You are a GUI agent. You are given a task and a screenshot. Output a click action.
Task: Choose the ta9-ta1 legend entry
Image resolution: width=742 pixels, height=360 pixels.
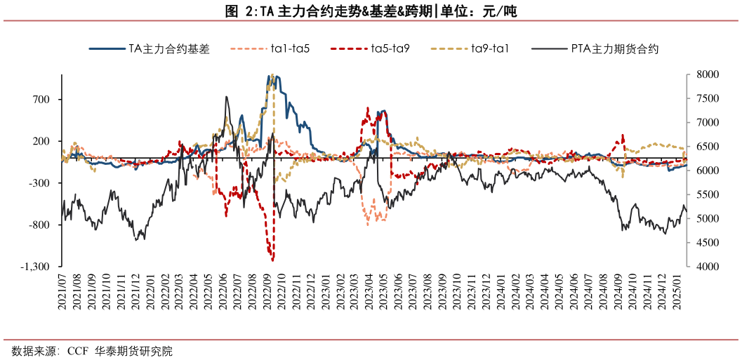490,49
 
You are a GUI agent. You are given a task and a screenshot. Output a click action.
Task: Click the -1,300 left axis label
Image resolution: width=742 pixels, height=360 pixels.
36,267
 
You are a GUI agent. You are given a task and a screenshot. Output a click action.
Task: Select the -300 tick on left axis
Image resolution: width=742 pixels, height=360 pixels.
41,183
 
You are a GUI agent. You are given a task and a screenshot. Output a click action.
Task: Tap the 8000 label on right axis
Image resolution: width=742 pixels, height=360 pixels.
703,74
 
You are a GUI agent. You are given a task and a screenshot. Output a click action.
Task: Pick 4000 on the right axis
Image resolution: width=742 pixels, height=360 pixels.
703,267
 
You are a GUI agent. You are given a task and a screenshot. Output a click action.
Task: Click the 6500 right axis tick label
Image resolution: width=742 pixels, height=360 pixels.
703,147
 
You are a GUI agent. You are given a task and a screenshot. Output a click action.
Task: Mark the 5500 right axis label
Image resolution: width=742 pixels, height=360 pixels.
703,195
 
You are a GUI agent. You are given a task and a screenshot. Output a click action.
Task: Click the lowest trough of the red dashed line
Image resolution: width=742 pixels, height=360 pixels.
270,259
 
